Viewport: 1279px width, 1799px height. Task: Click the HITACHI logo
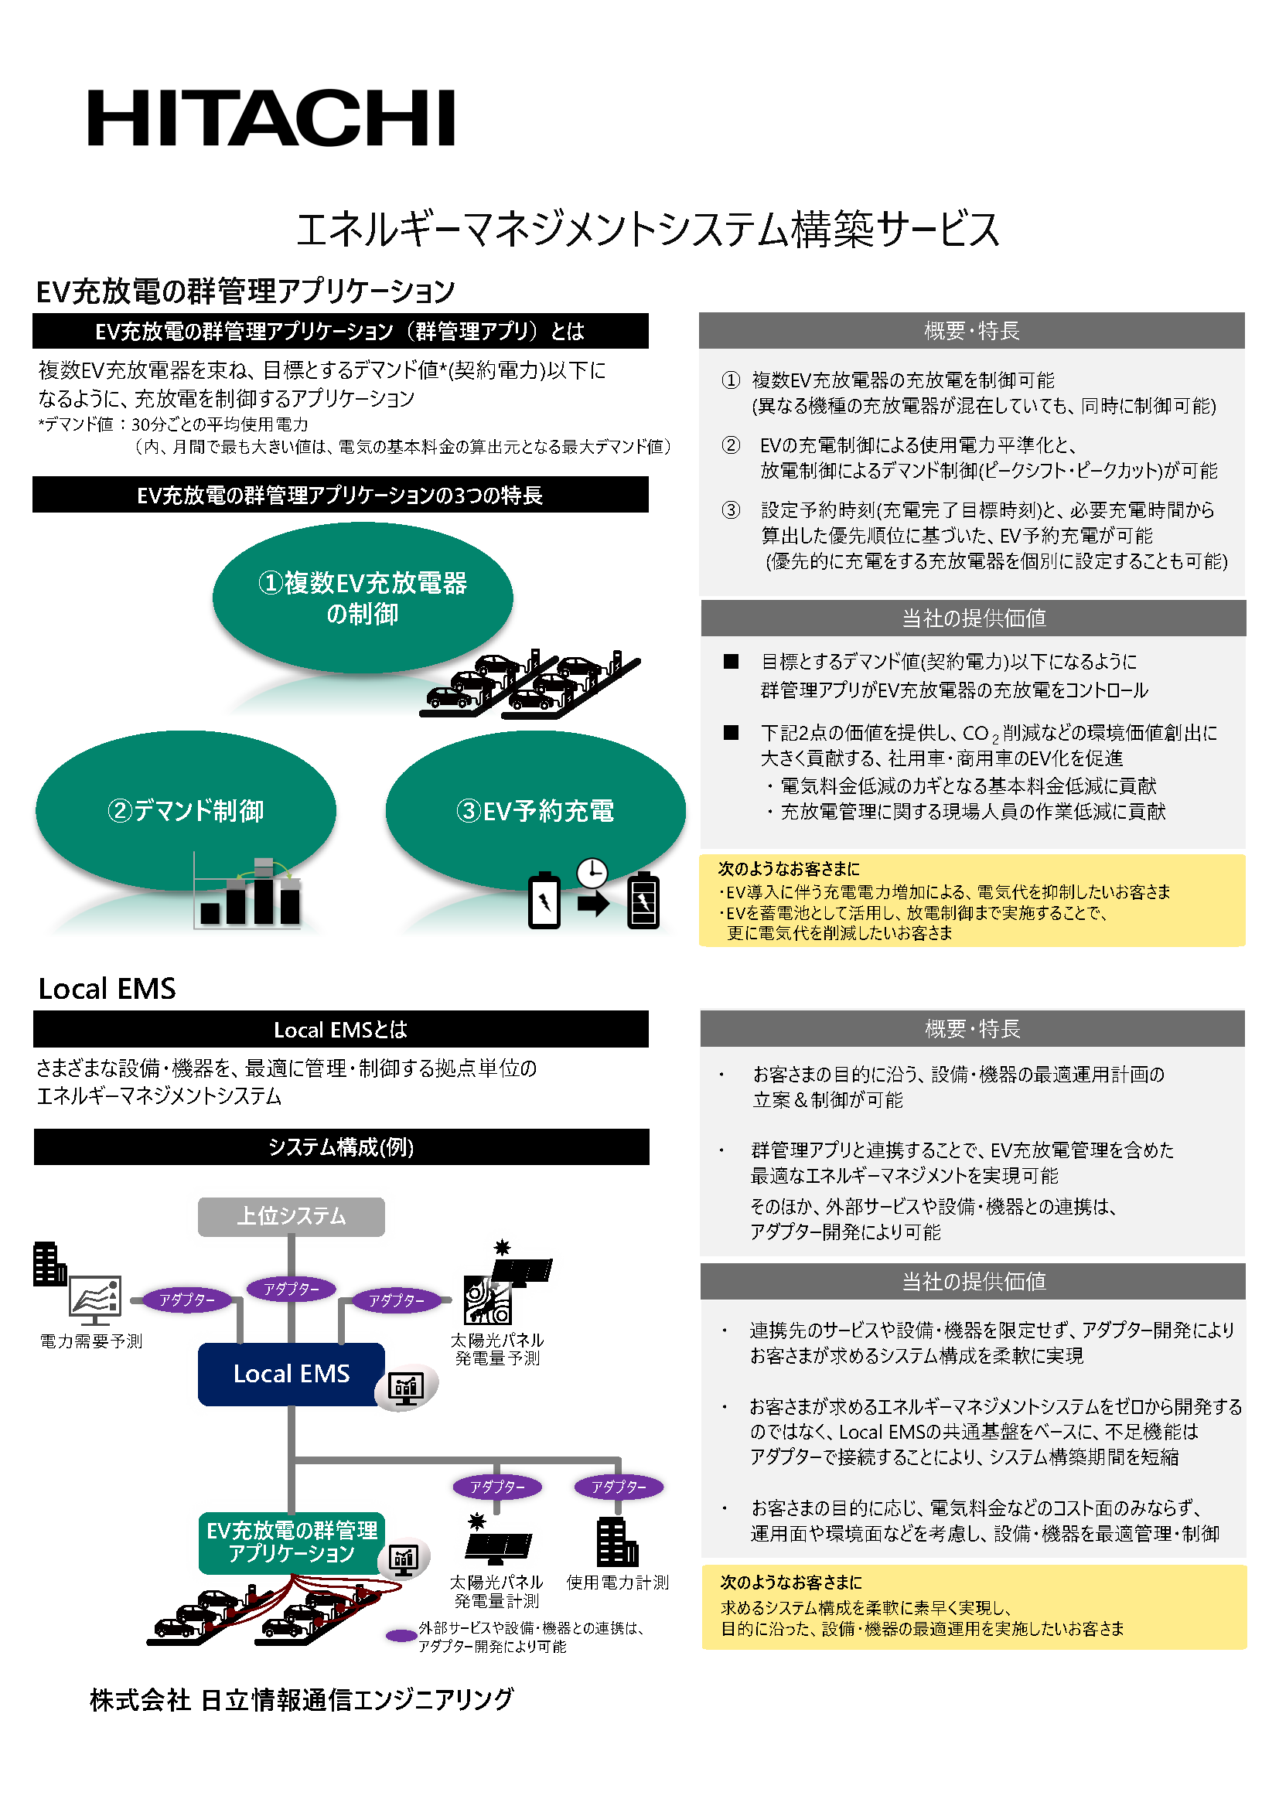(x=271, y=118)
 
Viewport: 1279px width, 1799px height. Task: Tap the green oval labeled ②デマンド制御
(x=186, y=810)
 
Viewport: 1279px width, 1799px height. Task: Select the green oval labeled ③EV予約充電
(x=536, y=810)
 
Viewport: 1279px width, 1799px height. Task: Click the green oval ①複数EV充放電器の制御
(x=362, y=598)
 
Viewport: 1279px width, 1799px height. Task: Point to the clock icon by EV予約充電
(x=592, y=872)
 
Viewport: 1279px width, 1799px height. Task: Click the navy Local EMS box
(x=291, y=1374)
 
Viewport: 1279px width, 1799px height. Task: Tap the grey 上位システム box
(x=291, y=1216)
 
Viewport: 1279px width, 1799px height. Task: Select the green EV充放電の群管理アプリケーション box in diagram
(x=292, y=1542)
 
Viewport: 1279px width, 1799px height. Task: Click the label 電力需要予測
(x=91, y=1341)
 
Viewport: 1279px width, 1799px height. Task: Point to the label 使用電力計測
(x=617, y=1583)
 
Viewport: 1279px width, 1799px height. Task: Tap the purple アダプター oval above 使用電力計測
(x=619, y=1487)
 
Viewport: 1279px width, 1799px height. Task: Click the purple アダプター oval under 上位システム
(x=292, y=1289)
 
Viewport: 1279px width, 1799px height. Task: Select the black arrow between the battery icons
(x=593, y=903)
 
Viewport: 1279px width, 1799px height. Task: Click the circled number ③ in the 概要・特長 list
(x=731, y=510)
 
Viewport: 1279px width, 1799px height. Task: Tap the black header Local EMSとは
(x=341, y=1029)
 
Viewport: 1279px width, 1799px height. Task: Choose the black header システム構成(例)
(x=342, y=1147)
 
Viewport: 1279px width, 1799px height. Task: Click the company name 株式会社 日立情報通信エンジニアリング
(x=301, y=1699)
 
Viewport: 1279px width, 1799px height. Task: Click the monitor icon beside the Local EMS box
(x=407, y=1388)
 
